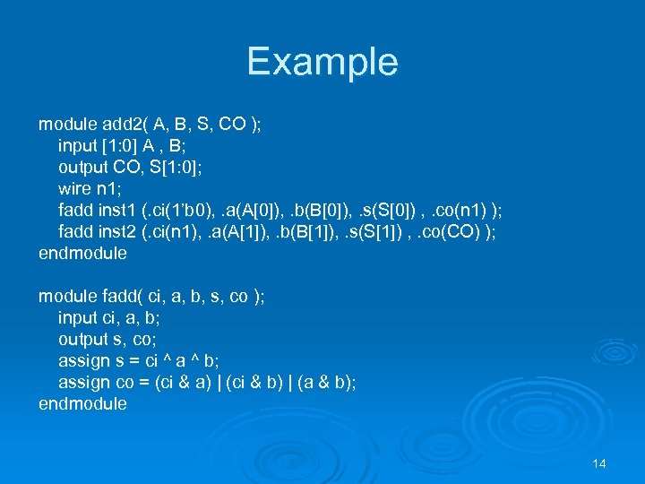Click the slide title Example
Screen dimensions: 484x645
click(x=322, y=62)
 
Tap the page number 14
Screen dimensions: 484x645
click(x=599, y=463)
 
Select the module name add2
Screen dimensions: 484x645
click(x=125, y=124)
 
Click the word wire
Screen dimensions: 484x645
click(x=75, y=188)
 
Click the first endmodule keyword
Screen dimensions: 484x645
click(x=82, y=253)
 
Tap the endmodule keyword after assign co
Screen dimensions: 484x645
click(x=82, y=403)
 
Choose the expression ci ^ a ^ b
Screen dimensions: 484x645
click(x=175, y=360)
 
